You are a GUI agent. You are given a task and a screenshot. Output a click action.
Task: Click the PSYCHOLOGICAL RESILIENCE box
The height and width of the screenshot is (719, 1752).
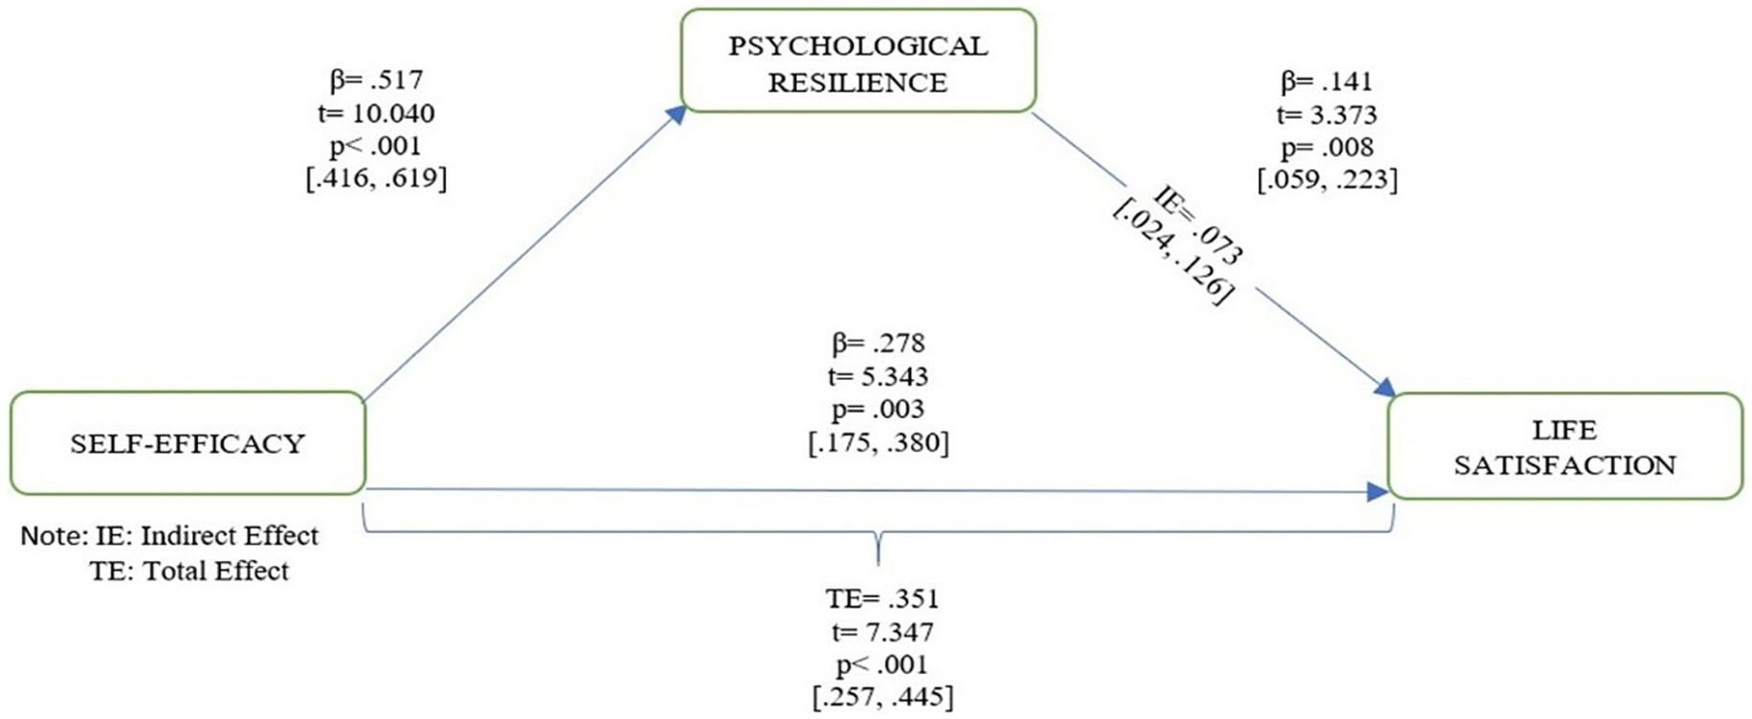click(857, 61)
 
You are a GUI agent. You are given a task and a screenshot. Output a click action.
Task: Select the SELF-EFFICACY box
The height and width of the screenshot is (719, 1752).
click(188, 443)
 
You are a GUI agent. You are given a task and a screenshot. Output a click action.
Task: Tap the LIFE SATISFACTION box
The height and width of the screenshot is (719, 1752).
click(1564, 447)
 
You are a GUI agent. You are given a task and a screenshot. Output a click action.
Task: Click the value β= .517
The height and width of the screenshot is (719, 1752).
click(376, 79)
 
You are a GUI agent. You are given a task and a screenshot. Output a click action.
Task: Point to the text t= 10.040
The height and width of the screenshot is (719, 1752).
click(376, 113)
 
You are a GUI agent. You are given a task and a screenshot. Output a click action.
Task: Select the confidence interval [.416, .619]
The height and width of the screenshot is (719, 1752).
click(376, 178)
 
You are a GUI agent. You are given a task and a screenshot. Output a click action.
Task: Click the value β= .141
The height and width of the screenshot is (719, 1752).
click(1326, 81)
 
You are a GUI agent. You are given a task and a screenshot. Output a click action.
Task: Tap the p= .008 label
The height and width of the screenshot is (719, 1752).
click(1326, 146)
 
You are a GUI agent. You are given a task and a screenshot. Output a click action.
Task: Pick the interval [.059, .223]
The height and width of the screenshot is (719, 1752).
click(1327, 179)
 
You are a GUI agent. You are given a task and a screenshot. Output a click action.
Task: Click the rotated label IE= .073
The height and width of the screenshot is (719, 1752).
click(1199, 226)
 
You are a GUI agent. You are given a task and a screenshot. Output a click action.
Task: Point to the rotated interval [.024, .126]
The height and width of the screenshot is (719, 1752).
click(1169, 254)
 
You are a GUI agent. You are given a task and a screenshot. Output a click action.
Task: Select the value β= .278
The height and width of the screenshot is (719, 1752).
click(878, 343)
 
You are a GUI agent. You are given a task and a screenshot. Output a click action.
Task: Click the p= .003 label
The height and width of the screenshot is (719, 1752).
click(878, 409)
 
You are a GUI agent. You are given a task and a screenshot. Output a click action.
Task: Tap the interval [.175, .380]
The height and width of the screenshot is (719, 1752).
click(878, 442)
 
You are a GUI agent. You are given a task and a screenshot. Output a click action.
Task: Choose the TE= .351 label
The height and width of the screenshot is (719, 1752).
click(882, 598)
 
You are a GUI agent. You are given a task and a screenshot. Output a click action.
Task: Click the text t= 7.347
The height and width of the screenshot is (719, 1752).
click(882, 632)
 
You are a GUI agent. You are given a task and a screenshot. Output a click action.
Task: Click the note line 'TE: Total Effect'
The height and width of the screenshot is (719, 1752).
click(189, 571)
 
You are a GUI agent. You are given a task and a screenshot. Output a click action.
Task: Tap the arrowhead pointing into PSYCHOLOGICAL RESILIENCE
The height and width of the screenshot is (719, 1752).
click(676, 114)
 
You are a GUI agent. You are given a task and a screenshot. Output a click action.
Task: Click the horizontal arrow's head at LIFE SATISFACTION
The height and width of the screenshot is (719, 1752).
click(1378, 492)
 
